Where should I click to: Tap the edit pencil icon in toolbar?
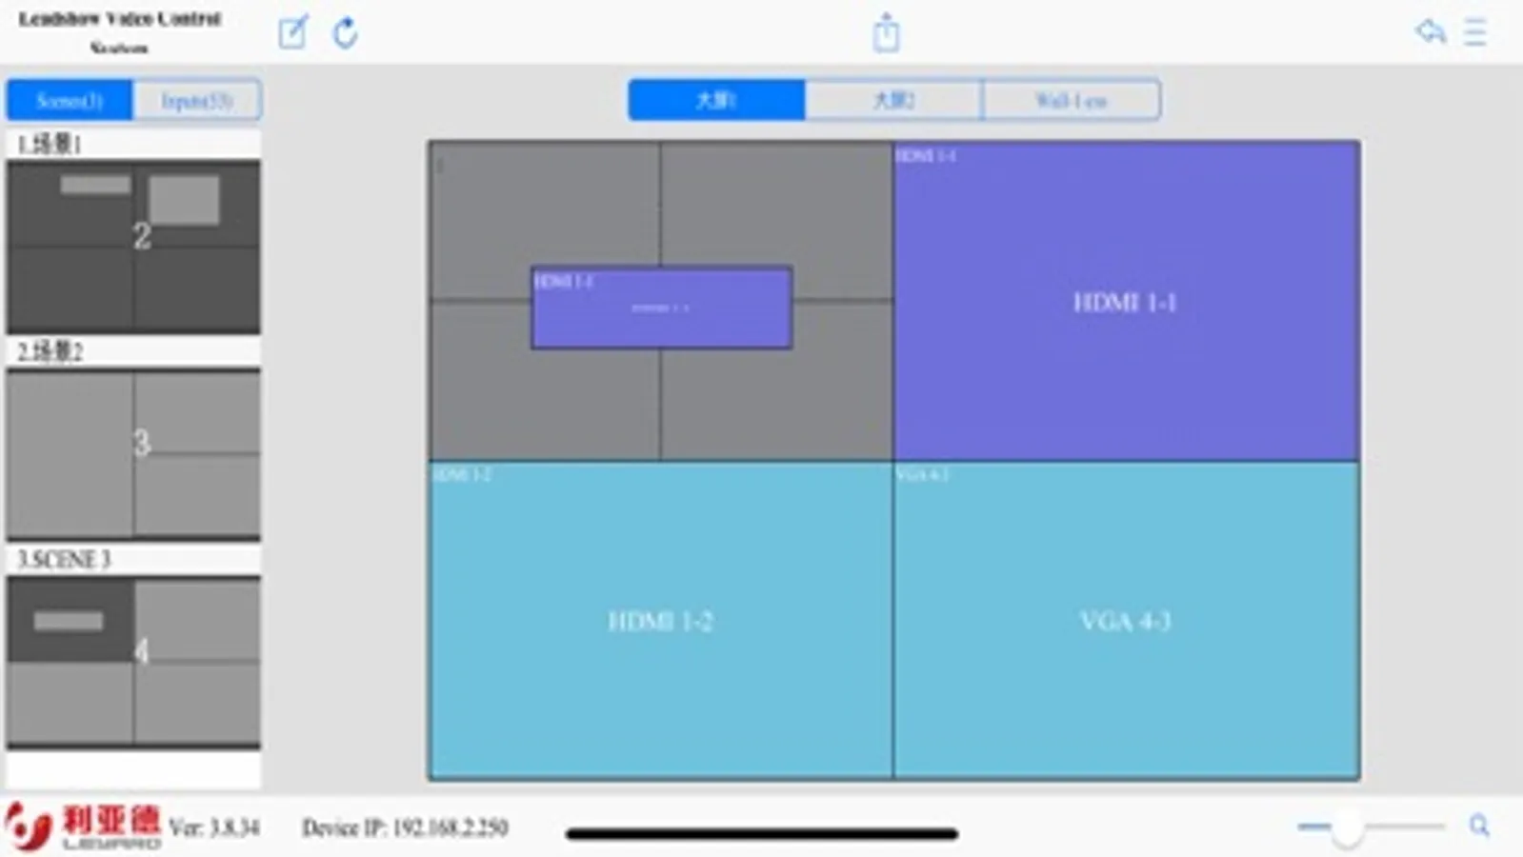(x=293, y=32)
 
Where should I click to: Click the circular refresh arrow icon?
(x=345, y=32)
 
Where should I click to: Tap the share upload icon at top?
(x=886, y=32)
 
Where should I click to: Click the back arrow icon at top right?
(x=1430, y=31)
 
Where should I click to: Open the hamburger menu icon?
(x=1475, y=32)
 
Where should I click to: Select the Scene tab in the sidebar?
(x=70, y=100)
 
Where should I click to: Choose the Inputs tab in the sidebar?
(x=196, y=100)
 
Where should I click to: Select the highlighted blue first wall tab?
(x=716, y=100)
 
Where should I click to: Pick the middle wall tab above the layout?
(x=893, y=100)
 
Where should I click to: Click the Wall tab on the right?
(x=1071, y=100)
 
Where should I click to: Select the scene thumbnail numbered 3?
(x=133, y=453)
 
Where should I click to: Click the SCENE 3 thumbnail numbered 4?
(x=133, y=661)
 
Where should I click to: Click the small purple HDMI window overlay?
(x=661, y=308)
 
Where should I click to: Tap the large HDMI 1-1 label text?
(x=1125, y=303)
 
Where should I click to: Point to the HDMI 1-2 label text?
(x=660, y=622)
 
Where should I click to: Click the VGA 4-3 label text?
(x=1125, y=622)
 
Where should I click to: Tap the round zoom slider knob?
(x=1347, y=827)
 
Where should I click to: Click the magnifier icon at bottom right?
(x=1478, y=826)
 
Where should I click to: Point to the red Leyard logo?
(x=81, y=825)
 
